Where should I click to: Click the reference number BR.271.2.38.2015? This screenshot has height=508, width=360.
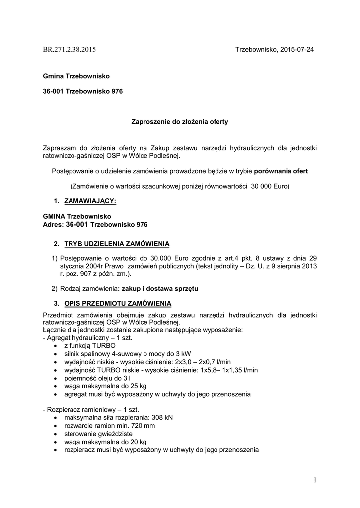70,50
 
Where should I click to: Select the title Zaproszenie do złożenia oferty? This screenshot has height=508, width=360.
179,121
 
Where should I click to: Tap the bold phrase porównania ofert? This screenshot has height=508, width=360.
281,171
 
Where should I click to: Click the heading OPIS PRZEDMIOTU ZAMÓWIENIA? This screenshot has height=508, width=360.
118,303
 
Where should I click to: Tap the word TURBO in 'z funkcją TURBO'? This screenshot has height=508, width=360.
104,345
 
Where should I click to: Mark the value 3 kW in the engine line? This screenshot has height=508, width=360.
180,354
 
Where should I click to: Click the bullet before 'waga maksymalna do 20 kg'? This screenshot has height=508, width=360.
54,442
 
